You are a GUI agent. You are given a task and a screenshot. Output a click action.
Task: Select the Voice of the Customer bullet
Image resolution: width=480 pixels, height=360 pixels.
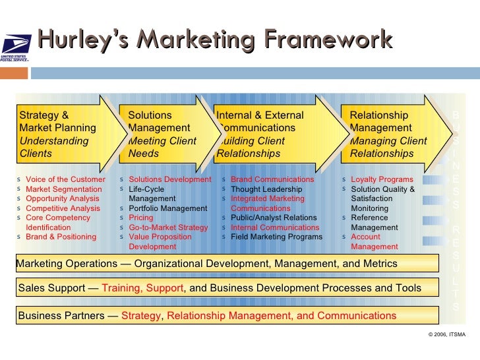pyautogui.click(x=65, y=179)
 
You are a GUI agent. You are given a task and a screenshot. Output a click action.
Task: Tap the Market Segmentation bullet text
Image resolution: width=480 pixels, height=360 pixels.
pyautogui.click(x=63, y=189)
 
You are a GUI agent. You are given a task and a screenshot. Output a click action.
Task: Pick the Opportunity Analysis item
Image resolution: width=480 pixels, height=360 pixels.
pyautogui.click(x=62, y=198)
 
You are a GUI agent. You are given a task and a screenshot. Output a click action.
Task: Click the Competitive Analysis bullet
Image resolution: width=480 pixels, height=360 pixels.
pyautogui.click(x=63, y=208)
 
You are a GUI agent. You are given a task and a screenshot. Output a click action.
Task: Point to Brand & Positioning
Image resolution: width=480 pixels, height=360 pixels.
pyautogui.click(x=61, y=237)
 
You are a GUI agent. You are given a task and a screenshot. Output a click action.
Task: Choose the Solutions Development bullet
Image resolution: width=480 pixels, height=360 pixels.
pyautogui.click(x=170, y=179)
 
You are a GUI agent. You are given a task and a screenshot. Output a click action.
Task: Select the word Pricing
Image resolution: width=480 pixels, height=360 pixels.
pyautogui.click(x=141, y=218)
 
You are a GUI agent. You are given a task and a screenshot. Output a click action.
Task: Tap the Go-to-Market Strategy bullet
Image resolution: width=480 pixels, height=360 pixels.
pyautogui.click(x=168, y=227)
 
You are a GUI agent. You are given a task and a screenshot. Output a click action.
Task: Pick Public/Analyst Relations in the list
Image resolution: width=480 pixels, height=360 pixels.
pyautogui.click(x=274, y=218)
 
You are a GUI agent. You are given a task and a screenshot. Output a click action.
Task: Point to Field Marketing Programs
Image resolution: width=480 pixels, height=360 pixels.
pyautogui.click(x=276, y=237)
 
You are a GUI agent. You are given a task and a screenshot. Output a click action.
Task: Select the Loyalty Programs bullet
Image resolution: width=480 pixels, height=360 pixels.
pyautogui.click(x=382, y=179)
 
